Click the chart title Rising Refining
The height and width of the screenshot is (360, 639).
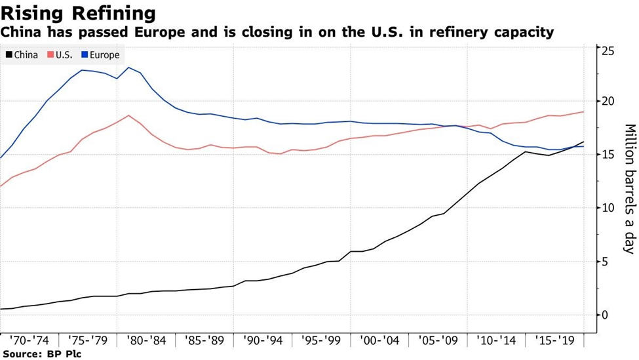(79, 13)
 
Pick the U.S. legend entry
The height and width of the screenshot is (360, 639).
(60, 55)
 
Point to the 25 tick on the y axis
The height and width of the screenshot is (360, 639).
(608, 51)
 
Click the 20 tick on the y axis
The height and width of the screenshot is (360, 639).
(608, 101)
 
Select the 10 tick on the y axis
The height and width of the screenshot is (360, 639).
(608, 208)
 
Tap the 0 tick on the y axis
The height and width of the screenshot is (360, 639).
(606, 315)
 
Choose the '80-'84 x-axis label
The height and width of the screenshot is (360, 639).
(145, 341)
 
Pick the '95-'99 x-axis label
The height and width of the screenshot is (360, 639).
(321, 341)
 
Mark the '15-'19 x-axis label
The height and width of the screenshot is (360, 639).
(555, 341)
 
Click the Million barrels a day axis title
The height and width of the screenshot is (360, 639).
(629, 189)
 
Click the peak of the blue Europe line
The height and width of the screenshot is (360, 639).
(129, 67)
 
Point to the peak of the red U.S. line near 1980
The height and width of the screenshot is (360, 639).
(129, 115)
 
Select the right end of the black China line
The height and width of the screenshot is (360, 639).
(583, 142)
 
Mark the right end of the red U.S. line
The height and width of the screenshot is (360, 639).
(583, 112)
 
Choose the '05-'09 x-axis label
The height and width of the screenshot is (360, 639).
(438, 341)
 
